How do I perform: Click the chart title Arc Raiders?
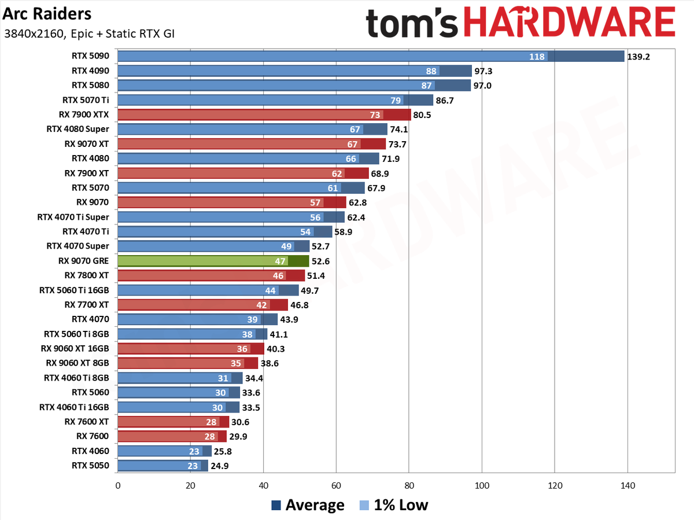[47, 14]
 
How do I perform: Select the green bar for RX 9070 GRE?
[213, 261]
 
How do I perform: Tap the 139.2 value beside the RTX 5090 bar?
[638, 57]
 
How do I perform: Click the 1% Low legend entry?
[394, 505]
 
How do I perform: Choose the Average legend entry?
[308, 505]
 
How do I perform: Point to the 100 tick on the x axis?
[482, 485]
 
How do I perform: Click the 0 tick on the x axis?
[118, 485]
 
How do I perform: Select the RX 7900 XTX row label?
[84, 115]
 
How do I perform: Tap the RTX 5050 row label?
[90, 465]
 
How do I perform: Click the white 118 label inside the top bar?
[537, 57]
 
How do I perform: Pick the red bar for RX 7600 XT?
[173, 422]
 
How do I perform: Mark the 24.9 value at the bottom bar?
[220, 466]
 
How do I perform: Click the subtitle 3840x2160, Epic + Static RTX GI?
[89, 34]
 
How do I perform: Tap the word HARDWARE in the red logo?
[570, 22]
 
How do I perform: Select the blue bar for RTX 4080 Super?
[252, 130]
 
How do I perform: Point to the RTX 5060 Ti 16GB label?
[74, 290]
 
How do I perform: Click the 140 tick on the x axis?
[627, 485]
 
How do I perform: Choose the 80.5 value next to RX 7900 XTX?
[422, 115]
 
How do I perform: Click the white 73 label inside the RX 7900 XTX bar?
[375, 115]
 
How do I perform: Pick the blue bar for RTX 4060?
[164, 451]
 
